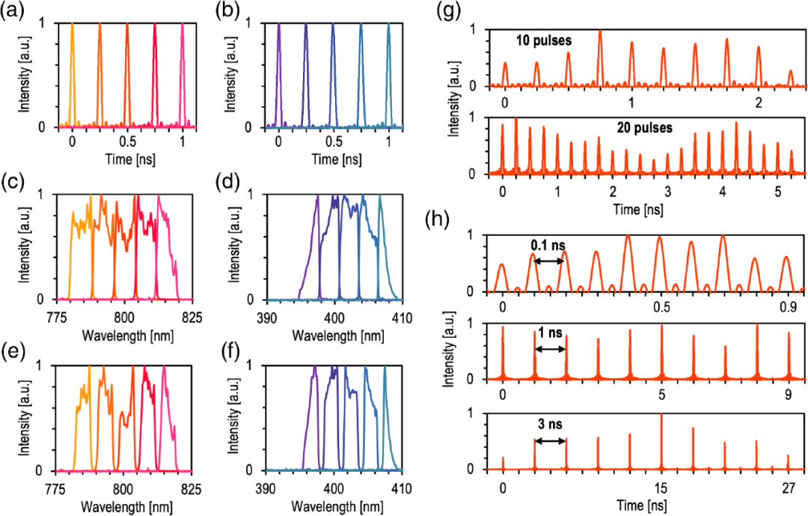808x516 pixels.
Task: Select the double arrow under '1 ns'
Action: click(551, 349)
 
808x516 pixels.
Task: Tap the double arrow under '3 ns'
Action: click(551, 440)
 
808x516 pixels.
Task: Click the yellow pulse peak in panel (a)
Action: click(72, 25)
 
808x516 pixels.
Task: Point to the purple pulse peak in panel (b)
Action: click(278, 25)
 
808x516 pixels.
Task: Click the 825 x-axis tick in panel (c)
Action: click(192, 315)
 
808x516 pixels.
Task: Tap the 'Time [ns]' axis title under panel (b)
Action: click(334, 159)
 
